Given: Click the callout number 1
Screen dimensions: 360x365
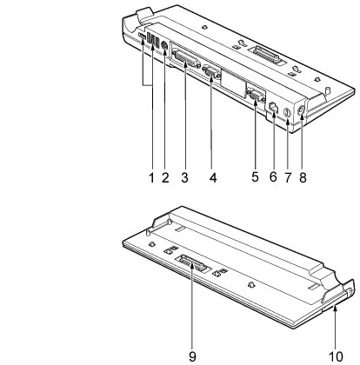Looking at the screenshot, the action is (151, 177).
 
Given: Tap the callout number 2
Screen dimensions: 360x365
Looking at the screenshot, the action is (165, 177).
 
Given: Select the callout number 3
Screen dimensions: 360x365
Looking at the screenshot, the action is (185, 177).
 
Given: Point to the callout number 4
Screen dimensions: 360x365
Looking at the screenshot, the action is (213, 177).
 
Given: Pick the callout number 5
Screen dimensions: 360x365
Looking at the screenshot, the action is (255, 176).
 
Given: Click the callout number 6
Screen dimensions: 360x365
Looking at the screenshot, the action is (273, 176).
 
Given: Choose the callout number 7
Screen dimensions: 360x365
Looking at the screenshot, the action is (287, 177).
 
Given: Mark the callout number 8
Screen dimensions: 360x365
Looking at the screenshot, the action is (303, 177).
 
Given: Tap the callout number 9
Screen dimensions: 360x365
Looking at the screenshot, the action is (192, 356).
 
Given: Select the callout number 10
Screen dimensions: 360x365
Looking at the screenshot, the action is (336, 356).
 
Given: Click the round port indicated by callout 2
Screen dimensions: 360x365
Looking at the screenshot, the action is (164, 45).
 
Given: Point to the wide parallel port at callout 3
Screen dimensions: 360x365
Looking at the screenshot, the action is (186, 59).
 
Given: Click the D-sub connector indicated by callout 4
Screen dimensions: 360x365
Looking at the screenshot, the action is (210, 71).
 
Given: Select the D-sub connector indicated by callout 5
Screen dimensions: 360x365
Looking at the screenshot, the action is (256, 96).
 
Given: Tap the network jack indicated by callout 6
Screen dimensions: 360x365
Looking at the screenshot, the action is (274, 107).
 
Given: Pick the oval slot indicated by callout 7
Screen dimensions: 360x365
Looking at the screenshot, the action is (287, 113).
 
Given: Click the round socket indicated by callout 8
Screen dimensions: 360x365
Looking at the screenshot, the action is (301, 110).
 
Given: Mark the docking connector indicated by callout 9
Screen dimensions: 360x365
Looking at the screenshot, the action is (192, 263).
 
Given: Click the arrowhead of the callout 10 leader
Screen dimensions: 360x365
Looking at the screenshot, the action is (336, 309).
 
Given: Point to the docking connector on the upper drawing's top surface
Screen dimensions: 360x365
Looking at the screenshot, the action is (267, 56).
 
